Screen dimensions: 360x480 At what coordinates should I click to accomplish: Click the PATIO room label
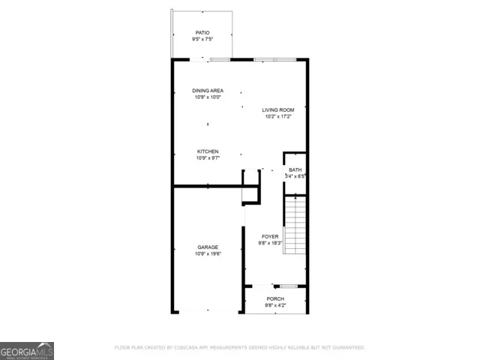pos(202,32)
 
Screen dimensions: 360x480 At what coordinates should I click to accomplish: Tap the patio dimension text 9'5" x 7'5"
pos(202,39)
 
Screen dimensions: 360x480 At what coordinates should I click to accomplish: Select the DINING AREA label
pos(208,91)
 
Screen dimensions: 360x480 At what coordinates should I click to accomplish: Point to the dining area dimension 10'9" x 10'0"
pos(208,97)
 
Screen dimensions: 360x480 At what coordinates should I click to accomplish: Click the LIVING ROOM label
pos(277,110)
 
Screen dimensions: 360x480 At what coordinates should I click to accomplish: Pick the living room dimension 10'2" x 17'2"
pos(277,117)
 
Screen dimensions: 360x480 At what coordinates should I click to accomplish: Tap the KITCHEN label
pos(208,151)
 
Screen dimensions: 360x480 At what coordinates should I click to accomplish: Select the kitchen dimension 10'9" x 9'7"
pos(208,158)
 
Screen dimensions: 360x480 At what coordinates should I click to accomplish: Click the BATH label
pos(295,169)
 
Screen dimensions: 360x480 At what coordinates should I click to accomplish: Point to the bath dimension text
pos(295,176)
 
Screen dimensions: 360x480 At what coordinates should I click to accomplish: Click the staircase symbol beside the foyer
pos(295,225)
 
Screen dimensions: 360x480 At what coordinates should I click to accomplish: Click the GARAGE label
pos(208,247)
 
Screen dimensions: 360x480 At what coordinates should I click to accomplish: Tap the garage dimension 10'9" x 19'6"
pos(208,253)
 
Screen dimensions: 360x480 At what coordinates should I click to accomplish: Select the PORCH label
pos(274,298)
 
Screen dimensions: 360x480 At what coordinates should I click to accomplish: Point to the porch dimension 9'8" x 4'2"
pos(274,305)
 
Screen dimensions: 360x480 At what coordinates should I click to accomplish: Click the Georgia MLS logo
pos(27,351)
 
